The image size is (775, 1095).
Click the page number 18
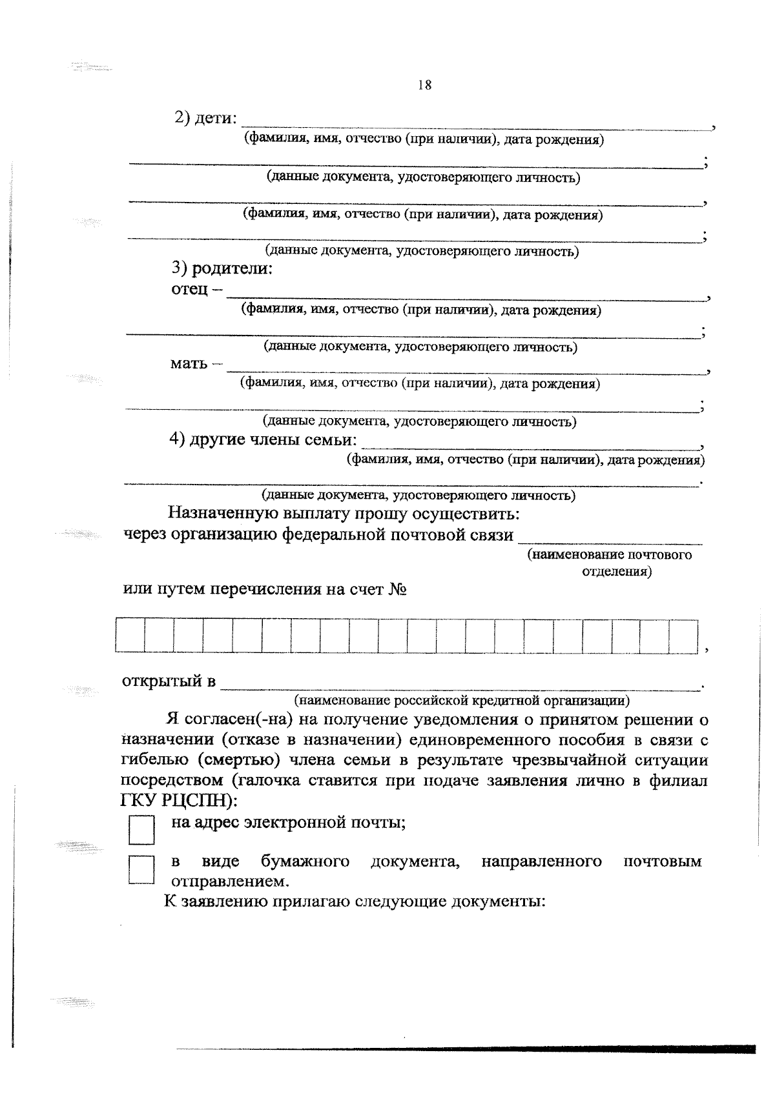(x=425, y=85)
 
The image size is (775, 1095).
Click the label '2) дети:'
(x=206, y=119)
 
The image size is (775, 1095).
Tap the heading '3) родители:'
(x=222, y=268)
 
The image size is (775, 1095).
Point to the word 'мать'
(x=189, y=363)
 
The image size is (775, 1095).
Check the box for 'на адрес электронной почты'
(x=141, y=830)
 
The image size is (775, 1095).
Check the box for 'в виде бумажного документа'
(x=141, y=869)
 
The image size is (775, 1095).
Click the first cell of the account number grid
(x=130, y=636)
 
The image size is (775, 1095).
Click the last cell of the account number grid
(x=684, y=636)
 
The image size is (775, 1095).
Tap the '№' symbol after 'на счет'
(x=397, y=589)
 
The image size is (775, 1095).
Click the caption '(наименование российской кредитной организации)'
(x=462, y=700)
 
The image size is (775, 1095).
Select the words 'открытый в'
(x=169, y=681)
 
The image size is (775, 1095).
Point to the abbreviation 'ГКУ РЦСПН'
(x=174, y=800)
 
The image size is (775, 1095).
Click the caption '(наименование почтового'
(x=609, y=555)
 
